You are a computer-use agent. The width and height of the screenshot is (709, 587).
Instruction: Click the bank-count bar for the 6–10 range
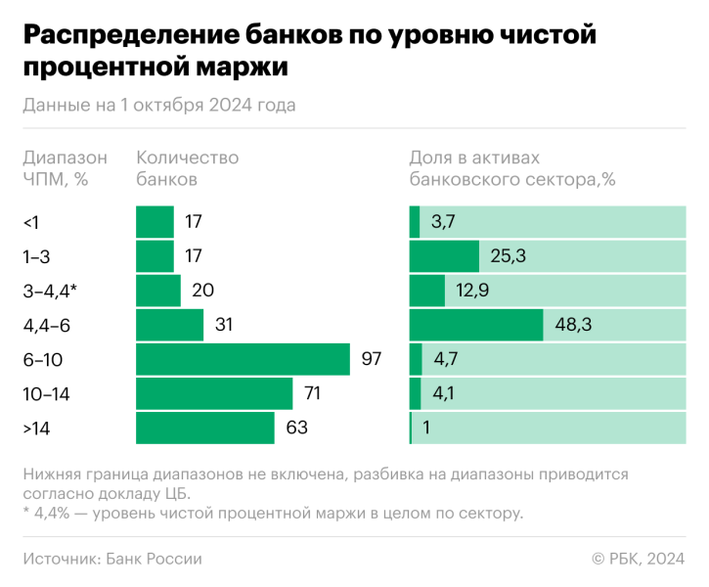243,359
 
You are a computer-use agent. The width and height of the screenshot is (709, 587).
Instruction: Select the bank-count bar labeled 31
169,325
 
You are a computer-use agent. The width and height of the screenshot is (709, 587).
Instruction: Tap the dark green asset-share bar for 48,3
475,325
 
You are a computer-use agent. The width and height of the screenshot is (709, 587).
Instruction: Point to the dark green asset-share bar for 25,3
443,256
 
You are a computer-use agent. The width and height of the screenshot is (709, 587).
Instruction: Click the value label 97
371,359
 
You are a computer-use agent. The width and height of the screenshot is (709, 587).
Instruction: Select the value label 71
314,393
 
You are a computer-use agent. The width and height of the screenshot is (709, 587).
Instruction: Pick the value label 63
296,428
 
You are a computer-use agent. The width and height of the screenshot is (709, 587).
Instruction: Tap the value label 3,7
443,222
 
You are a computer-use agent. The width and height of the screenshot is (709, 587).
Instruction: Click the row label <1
31,222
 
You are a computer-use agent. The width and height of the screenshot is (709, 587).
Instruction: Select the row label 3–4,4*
49,291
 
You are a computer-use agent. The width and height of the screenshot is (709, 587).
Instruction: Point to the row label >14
36,428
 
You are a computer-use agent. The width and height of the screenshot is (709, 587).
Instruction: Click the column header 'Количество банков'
187,168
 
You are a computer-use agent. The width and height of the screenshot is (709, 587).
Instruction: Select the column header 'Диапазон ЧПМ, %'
65,168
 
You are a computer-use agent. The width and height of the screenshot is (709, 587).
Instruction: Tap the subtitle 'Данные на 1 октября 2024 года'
158,105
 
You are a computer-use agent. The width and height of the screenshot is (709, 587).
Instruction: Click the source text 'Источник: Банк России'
111,559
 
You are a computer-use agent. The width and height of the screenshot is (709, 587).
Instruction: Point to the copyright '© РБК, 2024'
637,559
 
